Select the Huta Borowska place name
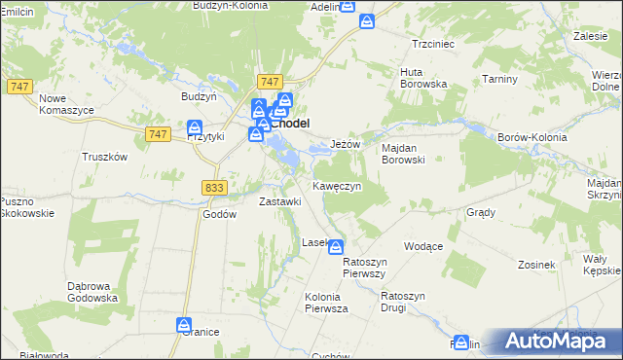[423, 78]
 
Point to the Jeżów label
[346, 144]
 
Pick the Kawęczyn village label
[337, 185]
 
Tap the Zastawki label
[279, 201]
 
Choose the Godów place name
[219, 214]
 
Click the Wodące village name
[422, 246]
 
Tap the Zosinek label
[536, 265]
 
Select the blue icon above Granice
[184, 324]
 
